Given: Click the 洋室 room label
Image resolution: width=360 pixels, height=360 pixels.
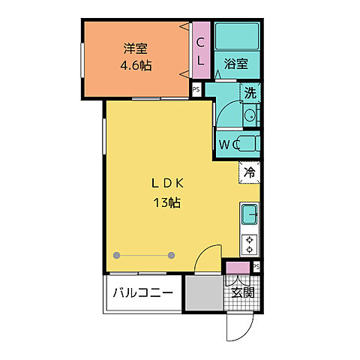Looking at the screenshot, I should tap(136, 49).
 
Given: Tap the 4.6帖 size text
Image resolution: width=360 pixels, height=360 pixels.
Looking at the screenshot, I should tap(136, 65).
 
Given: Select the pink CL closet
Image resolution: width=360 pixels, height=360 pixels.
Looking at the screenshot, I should tap(201, 49).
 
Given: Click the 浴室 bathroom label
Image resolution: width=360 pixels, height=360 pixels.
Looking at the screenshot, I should tap(236, 64).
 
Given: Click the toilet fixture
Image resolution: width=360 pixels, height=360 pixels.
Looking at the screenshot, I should tap(249, 142).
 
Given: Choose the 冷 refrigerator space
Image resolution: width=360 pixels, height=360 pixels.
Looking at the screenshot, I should tap(249, 172).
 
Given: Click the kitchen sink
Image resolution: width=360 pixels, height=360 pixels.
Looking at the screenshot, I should tap(250, 214).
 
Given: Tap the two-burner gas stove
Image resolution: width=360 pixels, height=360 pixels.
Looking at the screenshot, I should tap(250, 244).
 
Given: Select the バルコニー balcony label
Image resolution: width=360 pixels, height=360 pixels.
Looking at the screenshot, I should tap(143, 293).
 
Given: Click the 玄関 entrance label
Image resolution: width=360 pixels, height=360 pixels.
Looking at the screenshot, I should tap(242, 292).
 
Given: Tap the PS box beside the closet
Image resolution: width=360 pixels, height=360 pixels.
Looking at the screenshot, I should tap(196, 89).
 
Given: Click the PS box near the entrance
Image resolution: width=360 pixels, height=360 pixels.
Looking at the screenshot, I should tap(256, 266).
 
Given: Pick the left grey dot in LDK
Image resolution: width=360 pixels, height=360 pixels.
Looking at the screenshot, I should tap(115, 255).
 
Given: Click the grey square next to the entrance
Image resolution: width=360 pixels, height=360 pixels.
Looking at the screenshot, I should tap(204, 292).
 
